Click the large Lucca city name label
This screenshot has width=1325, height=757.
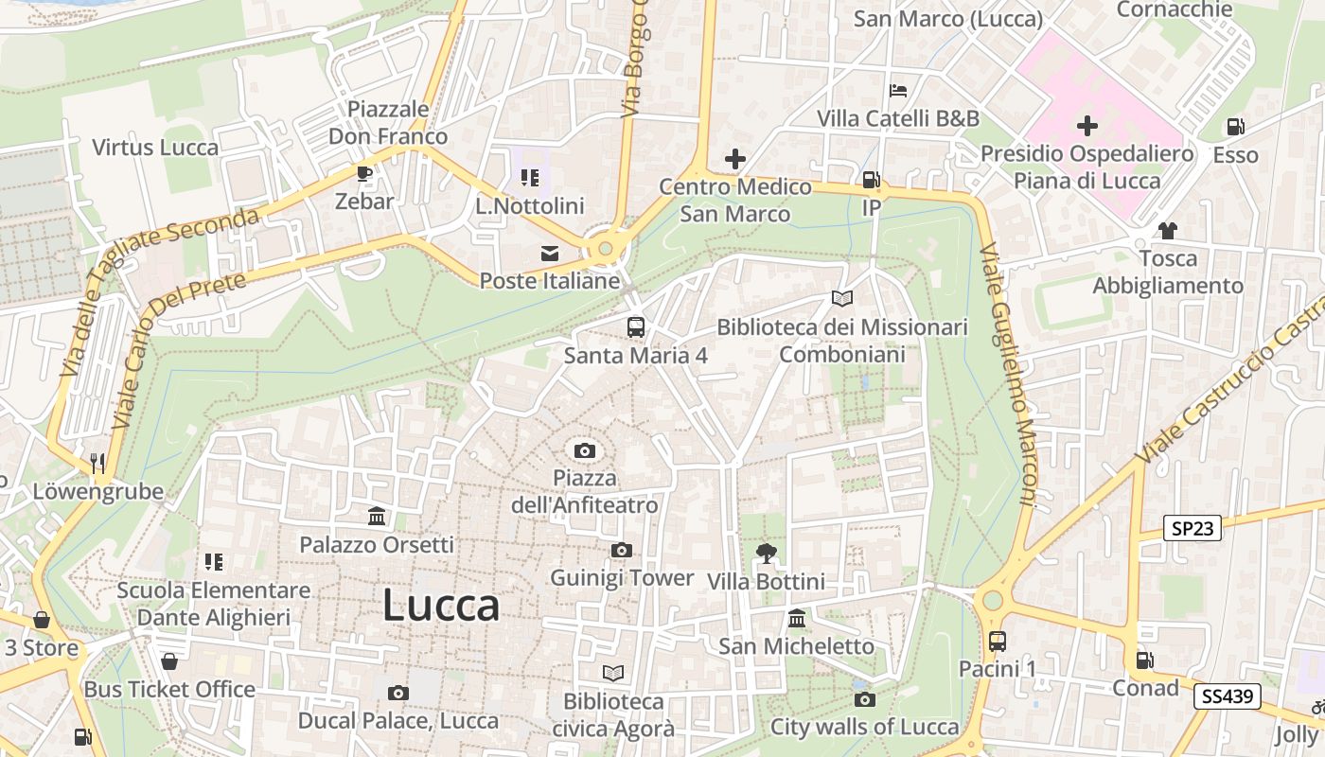(x=441, y=607)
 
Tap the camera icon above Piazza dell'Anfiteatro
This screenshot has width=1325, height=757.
(x=585, y=450)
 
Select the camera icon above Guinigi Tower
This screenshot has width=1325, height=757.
(x=622, y=551)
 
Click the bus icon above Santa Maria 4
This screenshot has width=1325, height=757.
(x=636, y=327)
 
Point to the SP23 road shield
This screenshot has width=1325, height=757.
(x=1192, y=528)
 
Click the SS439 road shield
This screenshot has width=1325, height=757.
(x=1228, y=697)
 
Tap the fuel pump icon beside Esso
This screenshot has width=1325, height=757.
(x=1235, y=127)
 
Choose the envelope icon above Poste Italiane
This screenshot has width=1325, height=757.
(x=549, y=253)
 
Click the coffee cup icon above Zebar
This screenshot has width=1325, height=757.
(x=363, y=173)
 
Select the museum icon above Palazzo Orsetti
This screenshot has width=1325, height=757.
(x=377, y=517)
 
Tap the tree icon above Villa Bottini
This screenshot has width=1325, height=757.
(x=766, y=553)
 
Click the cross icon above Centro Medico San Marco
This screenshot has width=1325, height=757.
(x=735, y=159)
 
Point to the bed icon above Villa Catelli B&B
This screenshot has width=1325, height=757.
(x=898, y=92)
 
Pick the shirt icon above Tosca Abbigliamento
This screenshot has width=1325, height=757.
(x=1167, y=230)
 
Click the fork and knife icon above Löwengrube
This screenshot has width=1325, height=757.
(x=97, y=464)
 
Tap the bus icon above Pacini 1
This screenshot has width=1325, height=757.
(x=997, y=641)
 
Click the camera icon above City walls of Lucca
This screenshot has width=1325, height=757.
(x=864, y=700)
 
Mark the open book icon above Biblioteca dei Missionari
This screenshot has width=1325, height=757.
(x=842, y=298)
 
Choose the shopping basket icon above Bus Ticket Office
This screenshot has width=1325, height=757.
(x=169, y=661)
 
